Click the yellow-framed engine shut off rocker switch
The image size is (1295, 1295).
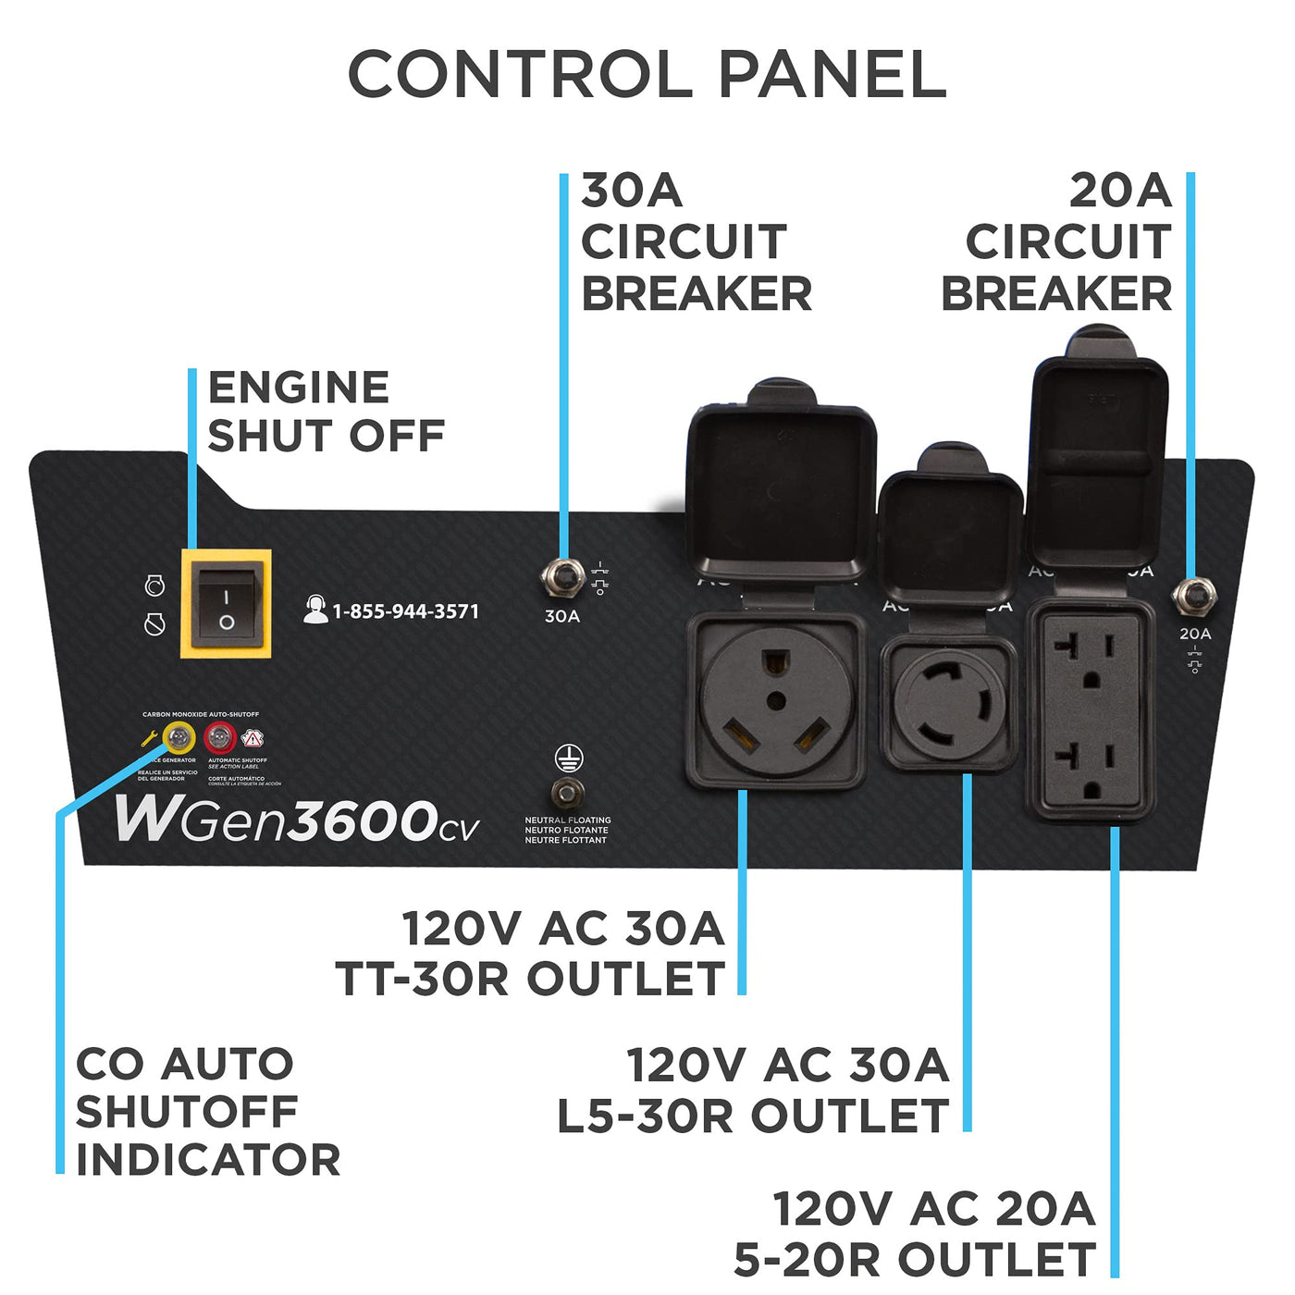[x=226, y=604]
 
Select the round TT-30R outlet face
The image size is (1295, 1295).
[x=776, y=702]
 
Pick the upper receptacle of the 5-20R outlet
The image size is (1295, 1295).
[x=1091, y=660]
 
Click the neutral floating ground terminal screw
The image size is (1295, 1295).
[x=567, y=793]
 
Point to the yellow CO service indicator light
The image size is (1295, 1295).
[x=179, y=738]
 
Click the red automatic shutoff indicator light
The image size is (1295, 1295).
[x=220, y=738]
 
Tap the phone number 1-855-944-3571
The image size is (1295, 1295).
[x=406, y=611]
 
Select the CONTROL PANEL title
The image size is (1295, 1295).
[x=647, y=74]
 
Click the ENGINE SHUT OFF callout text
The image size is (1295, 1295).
[x=326, y=412]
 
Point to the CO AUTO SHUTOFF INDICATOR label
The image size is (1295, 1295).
[x=207, y=1112]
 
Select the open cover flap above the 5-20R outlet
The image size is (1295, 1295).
[x=1097, y=458]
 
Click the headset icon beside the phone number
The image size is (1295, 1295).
[x=315, y=610]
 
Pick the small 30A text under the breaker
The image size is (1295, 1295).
[x=561, y=616]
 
